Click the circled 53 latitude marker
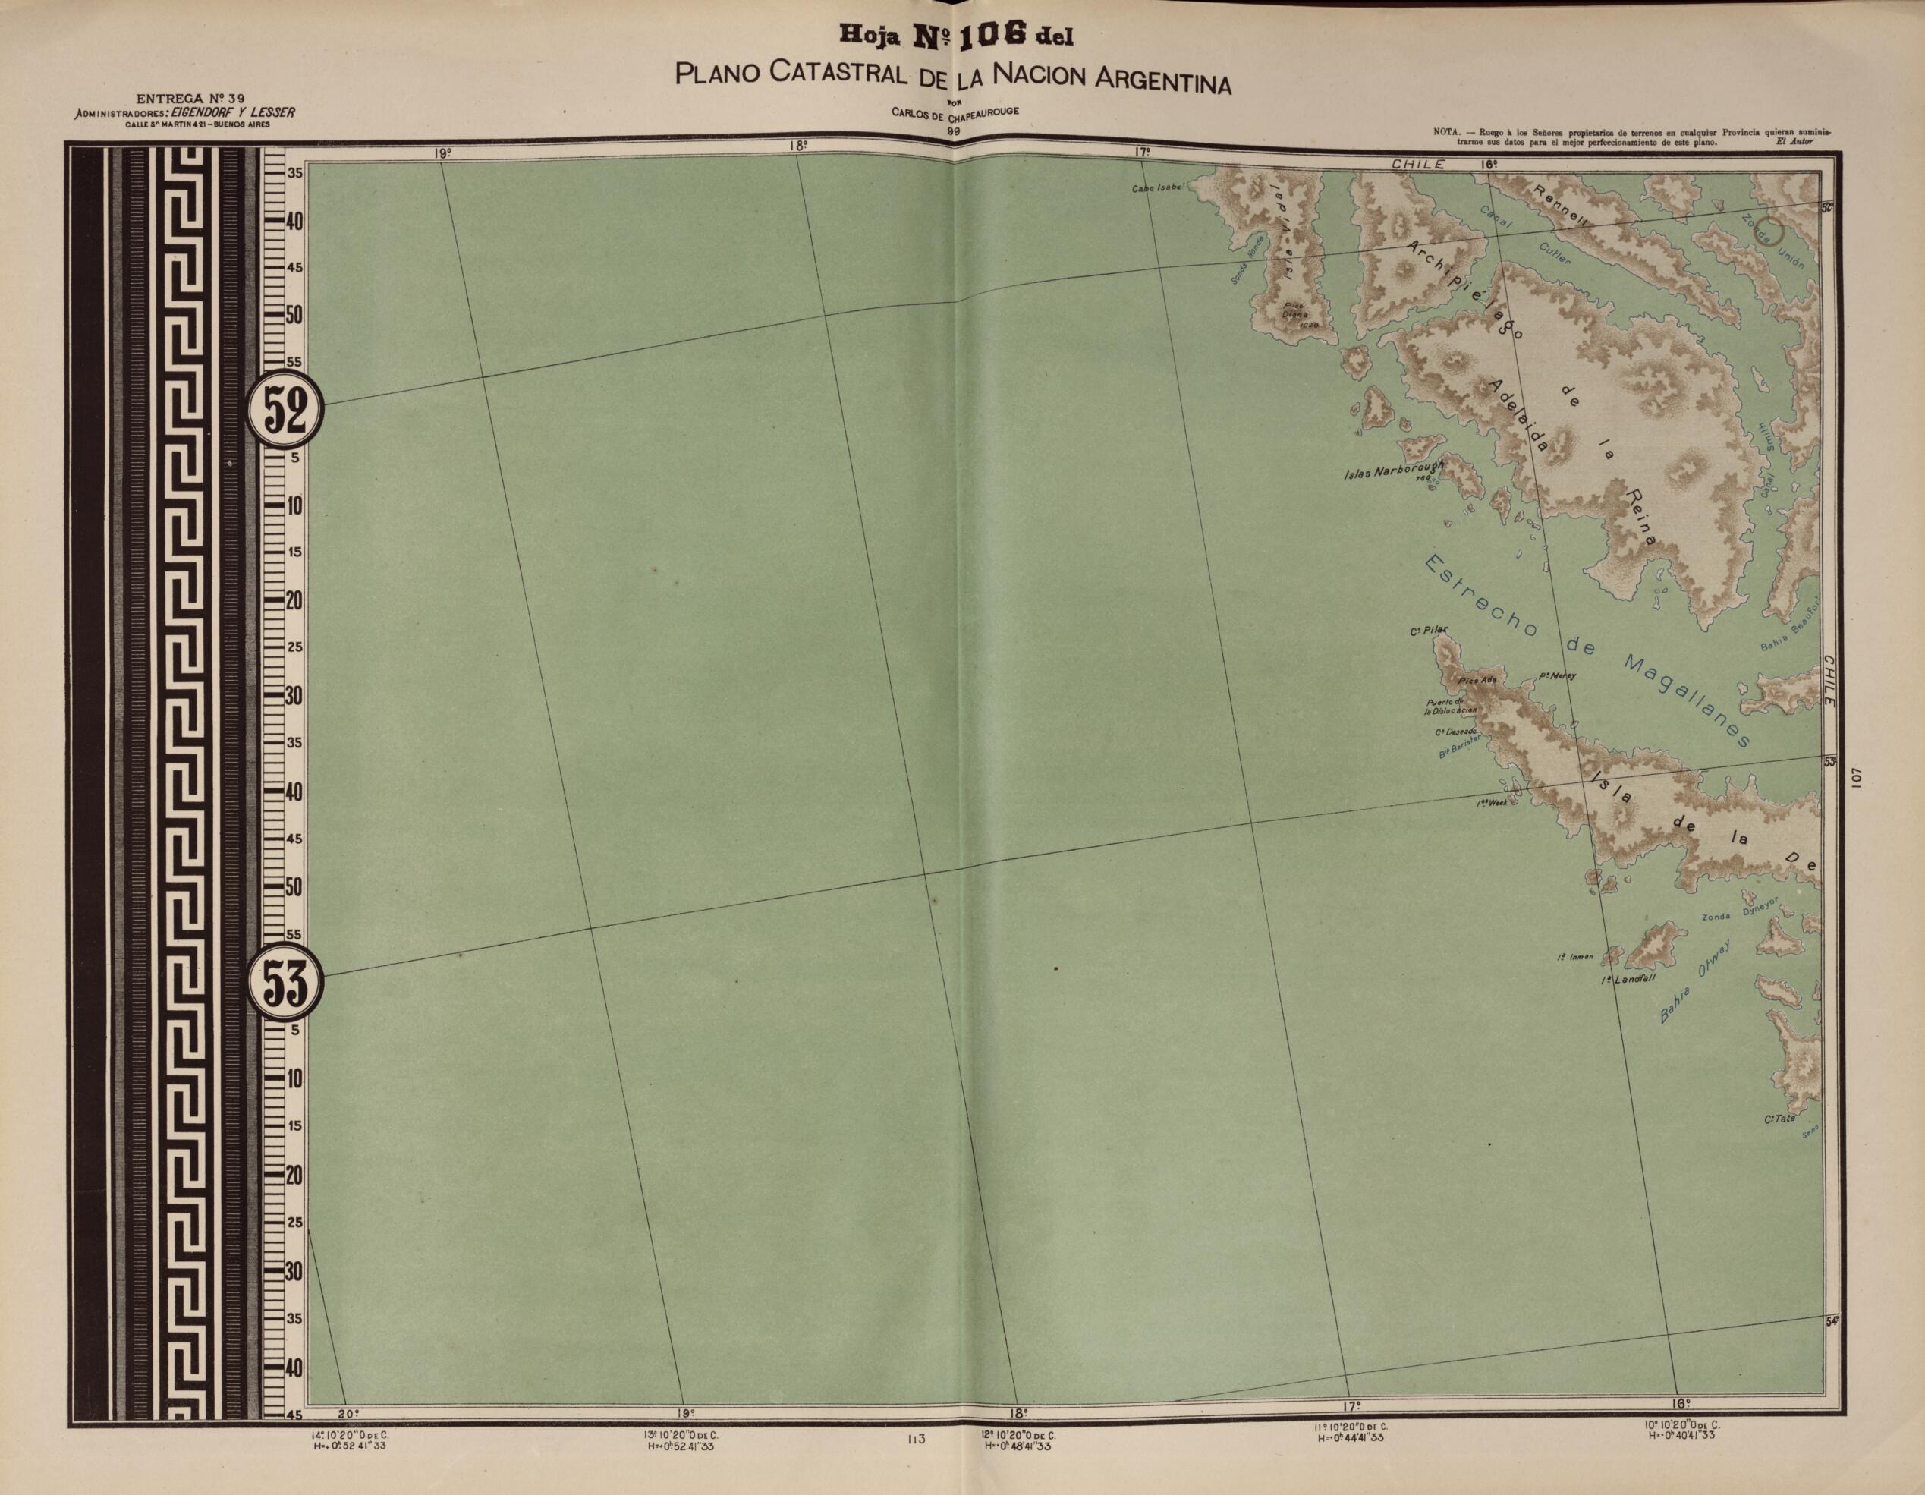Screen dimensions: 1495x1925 (285, 981)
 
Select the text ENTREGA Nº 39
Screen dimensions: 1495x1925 (191, 98)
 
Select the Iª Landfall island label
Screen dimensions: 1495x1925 (1629, 978)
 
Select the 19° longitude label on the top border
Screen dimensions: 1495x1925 (442, 153)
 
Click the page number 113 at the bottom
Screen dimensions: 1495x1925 (914, 1440)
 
